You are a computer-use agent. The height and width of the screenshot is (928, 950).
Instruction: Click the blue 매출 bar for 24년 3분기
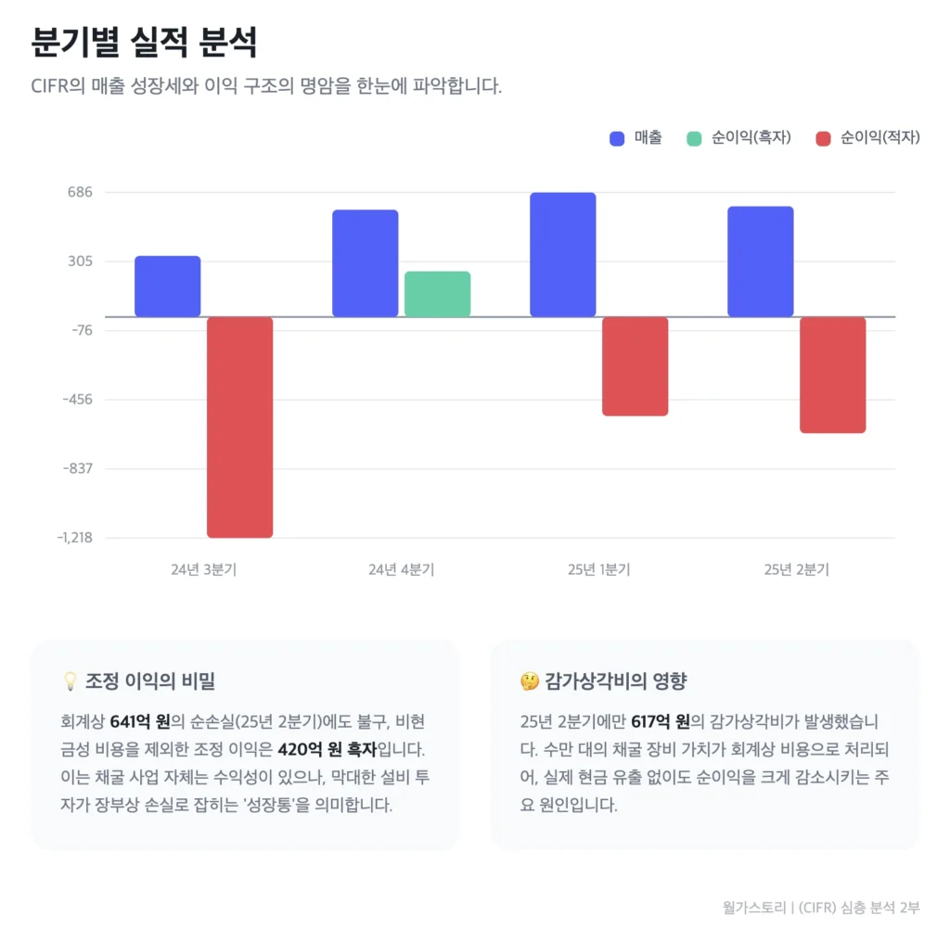tap(167, 286)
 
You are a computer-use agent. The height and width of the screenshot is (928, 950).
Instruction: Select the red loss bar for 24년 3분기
tap(239, 427)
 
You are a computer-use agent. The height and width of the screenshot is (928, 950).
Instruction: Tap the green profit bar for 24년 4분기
tap(437, 294)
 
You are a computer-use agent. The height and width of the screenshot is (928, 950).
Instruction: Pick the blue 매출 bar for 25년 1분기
tap(562, 255)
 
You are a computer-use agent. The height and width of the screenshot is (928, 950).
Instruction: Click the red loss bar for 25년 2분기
tap(832, 375)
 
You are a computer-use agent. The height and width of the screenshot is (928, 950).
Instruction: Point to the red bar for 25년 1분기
tap(635, 366)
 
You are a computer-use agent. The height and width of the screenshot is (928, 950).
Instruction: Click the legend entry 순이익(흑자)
tap(738, 138)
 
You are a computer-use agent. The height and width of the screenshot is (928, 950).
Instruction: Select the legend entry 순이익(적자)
tap(867, 138)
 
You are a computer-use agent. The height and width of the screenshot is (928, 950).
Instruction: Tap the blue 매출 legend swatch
tap(618, 139)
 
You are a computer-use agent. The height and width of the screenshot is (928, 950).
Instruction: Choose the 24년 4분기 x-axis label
tap(401, 570)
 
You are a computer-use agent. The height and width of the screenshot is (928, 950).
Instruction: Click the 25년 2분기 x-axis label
tap(796, 570)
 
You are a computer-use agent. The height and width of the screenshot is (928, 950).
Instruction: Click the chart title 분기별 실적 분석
tap(144, 42)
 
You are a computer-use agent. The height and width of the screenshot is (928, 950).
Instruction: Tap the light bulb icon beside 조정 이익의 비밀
tap(69, 682)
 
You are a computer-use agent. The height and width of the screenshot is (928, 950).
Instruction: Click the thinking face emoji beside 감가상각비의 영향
tap(529, 682)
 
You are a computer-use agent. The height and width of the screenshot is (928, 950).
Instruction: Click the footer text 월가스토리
tap(751, 907)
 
